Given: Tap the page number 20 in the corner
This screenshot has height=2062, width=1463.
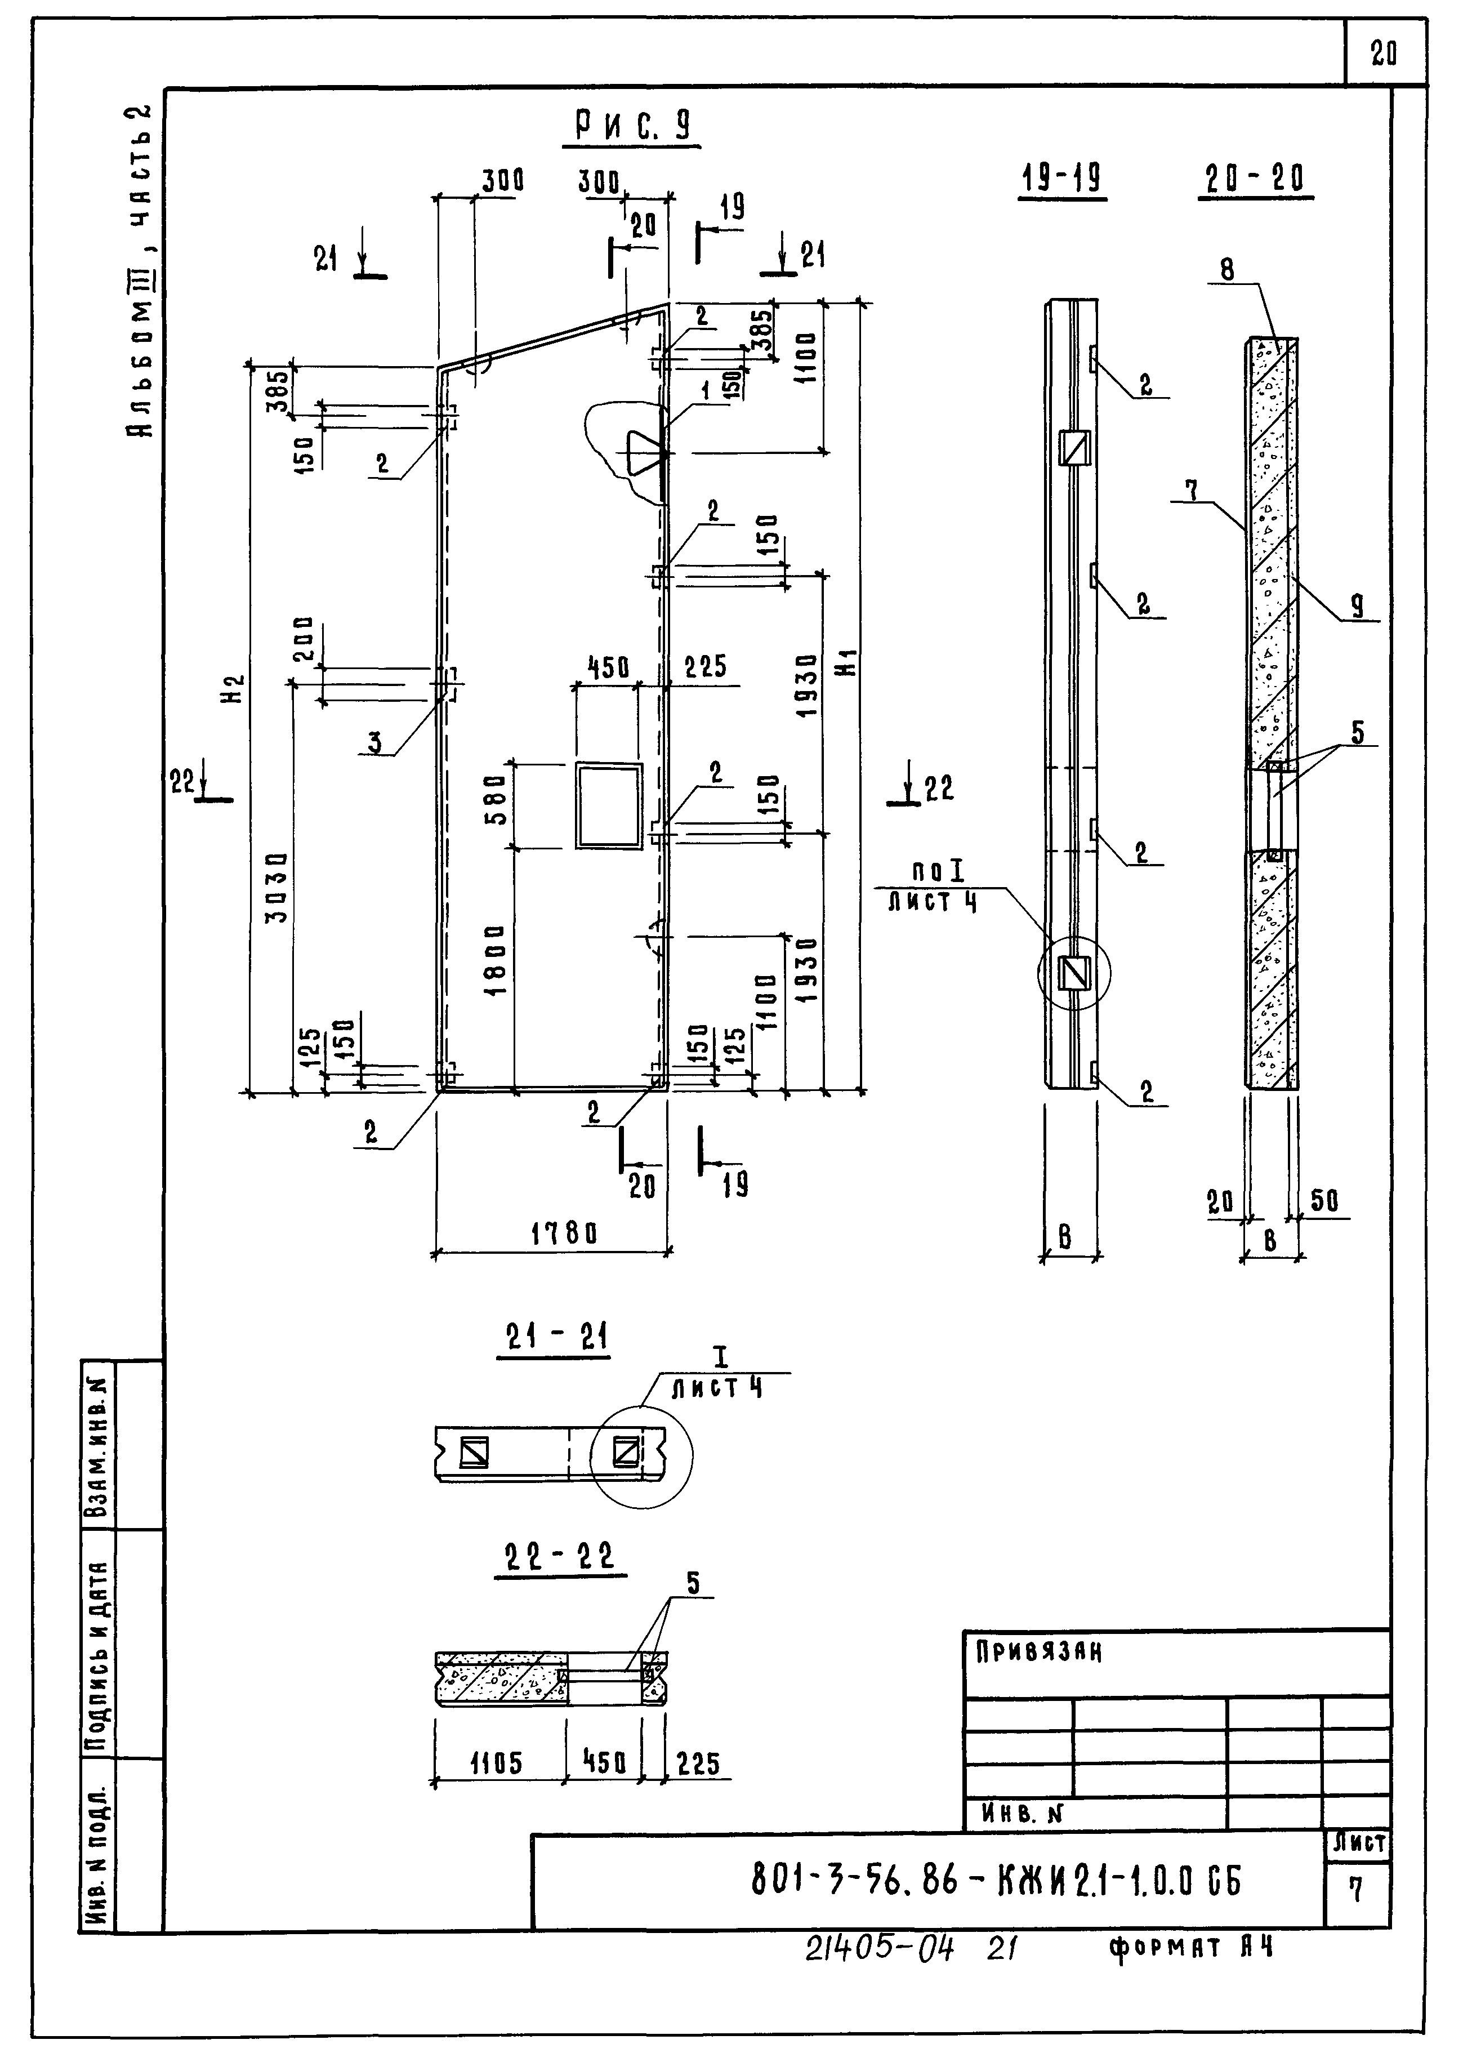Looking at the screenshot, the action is point(1384,54).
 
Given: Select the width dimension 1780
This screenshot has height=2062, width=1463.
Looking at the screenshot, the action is point(563,1233).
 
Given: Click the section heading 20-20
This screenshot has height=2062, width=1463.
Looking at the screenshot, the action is point(1255,180).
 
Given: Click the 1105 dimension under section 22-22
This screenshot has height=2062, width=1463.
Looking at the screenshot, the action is point(496,1764).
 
